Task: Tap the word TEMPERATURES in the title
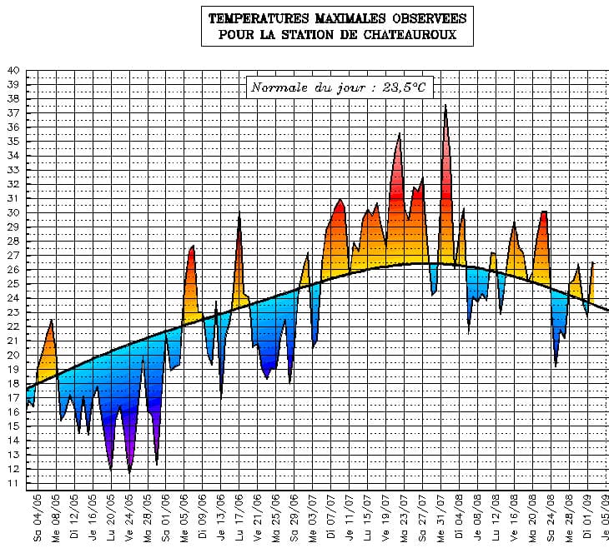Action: pos(253,17)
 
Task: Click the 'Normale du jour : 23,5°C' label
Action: pos(341,87)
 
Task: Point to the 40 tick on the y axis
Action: pos(13,71)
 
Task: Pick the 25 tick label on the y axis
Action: pos(13,284)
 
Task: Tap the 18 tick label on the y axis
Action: pos(13,384)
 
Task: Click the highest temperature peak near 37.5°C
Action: pos(445,106)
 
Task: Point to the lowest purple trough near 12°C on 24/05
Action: pos(129,471)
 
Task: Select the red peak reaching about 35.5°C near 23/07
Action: pos(400,135)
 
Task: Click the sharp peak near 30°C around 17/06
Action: pos(239,213)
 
